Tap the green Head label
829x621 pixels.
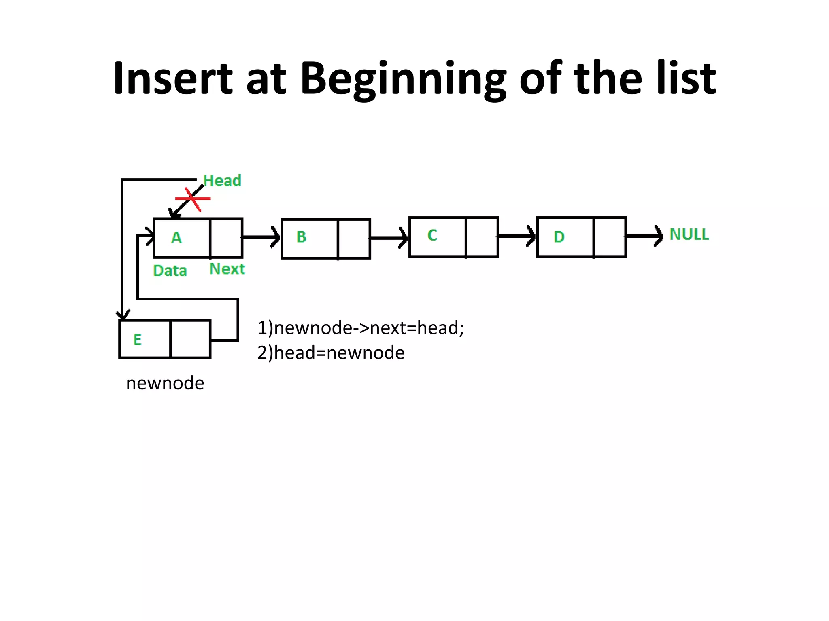[x=222, y=181]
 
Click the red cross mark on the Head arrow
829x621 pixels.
[x=193, y=199]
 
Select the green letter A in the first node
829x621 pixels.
[x=176, y=238]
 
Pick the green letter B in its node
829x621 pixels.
[x=301, y=237]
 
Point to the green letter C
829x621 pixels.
[x=432, y=235]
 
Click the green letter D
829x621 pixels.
[x=559, y=237]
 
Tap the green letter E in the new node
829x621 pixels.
[x=138, y=340]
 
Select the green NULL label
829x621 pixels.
[x=689, y=234]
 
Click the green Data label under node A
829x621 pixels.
[x=170, y=271]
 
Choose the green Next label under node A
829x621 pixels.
[x=227, y=269]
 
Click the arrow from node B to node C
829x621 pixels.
[x=389, y=238]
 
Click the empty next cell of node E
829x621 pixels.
[x=191, y=339]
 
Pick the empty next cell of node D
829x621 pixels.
[x=610, y=237]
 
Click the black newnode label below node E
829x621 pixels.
[x=165, y=383]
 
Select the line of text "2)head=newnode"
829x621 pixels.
[x=331, y=353]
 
